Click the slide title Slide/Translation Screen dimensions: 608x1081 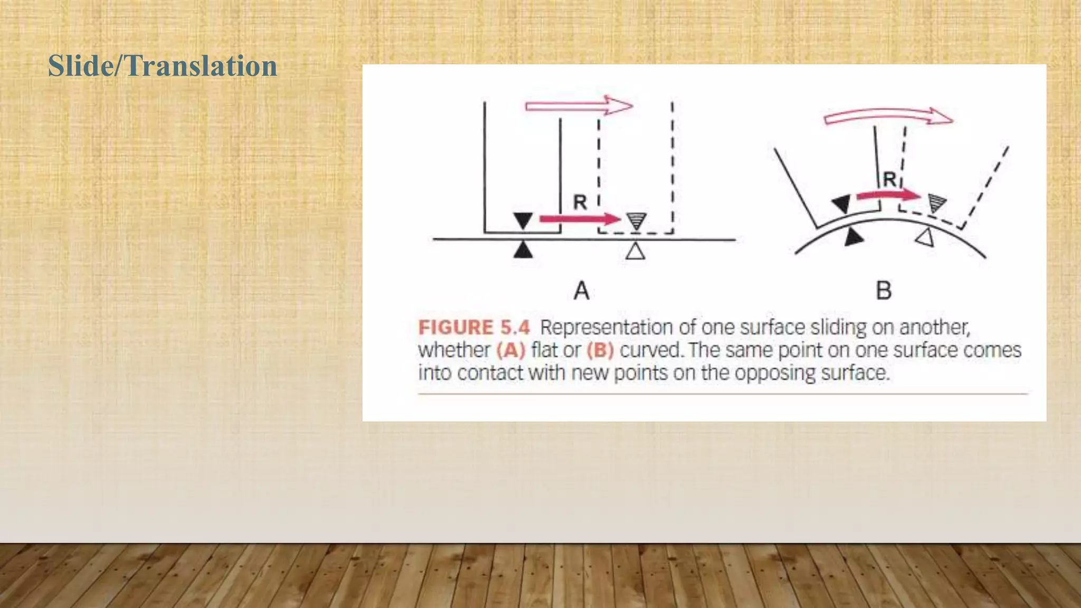click(x=162, y=66)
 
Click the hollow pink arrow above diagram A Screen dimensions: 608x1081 click(x=579, y=106)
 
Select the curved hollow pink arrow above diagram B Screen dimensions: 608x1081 click(x=888, y=116)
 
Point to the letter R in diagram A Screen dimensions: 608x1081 click(x=580, y=202)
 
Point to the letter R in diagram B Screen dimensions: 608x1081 click(x=889, y=179)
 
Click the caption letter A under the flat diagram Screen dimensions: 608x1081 click(x=581, y=290)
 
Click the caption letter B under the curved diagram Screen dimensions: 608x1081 click(x=884, y=290)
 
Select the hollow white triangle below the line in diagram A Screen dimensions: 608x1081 click(x=636, y=251)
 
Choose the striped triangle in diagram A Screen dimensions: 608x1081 click(x=636, y=221)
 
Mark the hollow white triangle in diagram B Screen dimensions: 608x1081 click(x=925, y=238)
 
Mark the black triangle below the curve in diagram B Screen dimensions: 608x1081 click(x=852, y=237)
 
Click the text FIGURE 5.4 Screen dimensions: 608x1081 click(x=473, y=328)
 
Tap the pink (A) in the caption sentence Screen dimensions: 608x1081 click(x=510, y=350)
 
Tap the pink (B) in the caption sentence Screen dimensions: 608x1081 click(x=600, y=350)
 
